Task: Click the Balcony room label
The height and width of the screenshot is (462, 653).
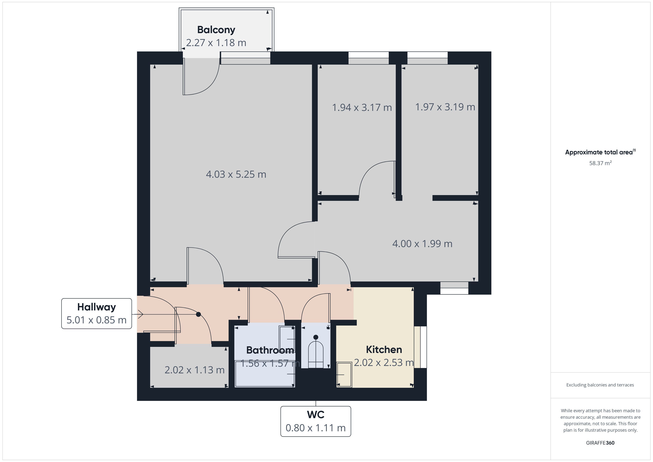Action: point(216,30)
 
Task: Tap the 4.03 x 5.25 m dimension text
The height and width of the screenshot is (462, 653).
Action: point(236,174)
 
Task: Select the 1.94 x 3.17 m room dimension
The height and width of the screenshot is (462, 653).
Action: point(362,108)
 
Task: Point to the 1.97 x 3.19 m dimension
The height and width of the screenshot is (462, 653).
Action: point(445,107)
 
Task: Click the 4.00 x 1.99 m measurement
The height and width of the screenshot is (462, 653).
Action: point(422,244)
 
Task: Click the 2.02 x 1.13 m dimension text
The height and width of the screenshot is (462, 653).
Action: point(195,370)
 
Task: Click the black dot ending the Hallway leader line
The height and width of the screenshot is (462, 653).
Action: point(199,314)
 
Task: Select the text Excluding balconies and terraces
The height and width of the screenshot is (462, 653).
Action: point(600,385)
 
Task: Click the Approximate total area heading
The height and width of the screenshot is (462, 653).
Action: point(600,152)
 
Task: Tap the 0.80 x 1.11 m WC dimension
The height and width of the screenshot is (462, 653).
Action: point(316,428)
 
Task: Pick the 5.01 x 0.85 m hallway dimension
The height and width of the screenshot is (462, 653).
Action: point(97,320)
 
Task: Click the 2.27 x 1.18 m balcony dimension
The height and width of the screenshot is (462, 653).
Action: point(216,43)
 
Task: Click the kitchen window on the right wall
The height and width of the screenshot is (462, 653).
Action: point(420,347)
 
